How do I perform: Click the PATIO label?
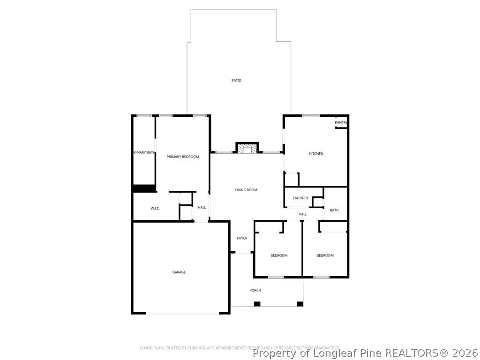coord(236,81)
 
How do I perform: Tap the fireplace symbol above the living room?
coord(247,149)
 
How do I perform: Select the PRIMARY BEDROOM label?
coord(183,157)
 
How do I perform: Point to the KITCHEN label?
coord(316,154)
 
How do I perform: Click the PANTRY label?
coord(341,123)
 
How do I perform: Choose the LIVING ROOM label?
coord(246,190)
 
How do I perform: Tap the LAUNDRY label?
coord(300,198)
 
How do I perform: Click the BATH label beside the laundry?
coord(334,210)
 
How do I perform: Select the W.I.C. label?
coord(155,208)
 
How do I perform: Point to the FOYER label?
coord(242,238)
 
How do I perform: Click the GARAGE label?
coord(179,272)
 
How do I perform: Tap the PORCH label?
coord(255,290)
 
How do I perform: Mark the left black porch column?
coord(257,304)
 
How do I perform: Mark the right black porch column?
coord(300,304)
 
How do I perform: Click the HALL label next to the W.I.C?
coord(202,207)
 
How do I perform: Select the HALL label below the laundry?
coord(303,214)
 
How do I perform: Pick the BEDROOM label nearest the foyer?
coord(279,255)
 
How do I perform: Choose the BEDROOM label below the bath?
coord(325,255)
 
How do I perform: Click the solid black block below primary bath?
coord(144,188)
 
